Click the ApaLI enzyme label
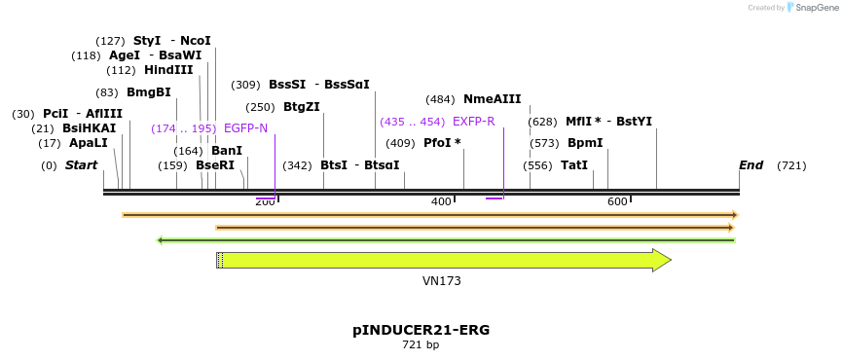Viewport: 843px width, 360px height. click(x=88, y=143)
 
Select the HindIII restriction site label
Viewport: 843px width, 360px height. click(x=168, y=70)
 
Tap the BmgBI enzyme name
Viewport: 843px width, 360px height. click(x=148, y=92)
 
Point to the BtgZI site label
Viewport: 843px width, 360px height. click(x=301, y=107)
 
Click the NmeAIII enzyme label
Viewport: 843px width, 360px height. click(x=492, y=99)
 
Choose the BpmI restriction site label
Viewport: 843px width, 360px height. click(x=585, y=143)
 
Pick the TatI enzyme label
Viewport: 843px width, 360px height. click(x=574, y=165)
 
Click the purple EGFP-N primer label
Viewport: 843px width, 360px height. click(x=245, y=128)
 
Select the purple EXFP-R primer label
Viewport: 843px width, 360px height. click(x=473, y=122)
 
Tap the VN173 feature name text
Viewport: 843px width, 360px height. click(x=441, y=281)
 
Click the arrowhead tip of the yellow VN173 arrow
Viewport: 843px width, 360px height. click(x=670, y=260)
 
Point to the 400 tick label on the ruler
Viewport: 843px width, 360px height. click(x=441, y=201)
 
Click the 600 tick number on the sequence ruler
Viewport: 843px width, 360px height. click(x=617, y=201)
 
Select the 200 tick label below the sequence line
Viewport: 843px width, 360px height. click(x=265, y=201)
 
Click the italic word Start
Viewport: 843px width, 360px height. click(x=81, y=165)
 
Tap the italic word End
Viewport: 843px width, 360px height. click(x=751, y=165)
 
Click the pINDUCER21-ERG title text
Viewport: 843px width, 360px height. click(x=421, y=330)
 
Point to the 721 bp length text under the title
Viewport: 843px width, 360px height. click(x=421, y=345)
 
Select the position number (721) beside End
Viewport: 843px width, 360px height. click(x=791, y=165)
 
